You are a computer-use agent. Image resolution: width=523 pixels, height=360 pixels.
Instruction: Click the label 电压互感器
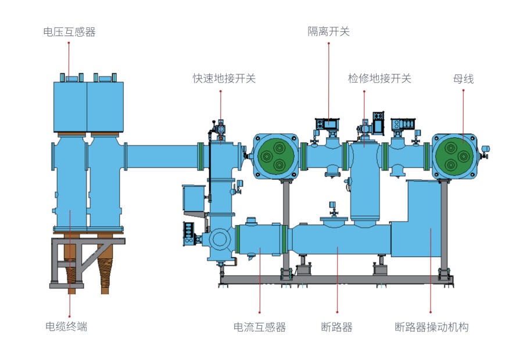(x=69, y=32)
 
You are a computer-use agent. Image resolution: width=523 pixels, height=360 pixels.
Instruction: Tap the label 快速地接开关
(x=224, y=79)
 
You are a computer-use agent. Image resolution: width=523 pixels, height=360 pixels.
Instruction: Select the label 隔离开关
(x=328, y=31)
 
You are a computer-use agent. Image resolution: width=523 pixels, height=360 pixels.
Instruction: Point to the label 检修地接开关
(x=379, y=79)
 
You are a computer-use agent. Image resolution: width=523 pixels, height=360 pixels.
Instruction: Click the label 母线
(x=463, y=79)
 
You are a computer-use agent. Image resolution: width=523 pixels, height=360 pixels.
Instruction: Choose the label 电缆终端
(x=66, y=326)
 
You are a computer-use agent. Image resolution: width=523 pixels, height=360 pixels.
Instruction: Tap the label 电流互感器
(x=260, y=327)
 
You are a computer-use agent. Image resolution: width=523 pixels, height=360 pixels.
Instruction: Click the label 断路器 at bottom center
(x=337, y=327)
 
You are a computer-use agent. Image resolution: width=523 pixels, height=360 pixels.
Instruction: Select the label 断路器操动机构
(x=431, y=327)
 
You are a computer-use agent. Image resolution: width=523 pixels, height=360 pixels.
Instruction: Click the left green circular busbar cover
(x=276, y=156)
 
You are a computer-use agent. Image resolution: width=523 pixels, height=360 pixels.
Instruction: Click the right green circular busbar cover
(x=454, y=156)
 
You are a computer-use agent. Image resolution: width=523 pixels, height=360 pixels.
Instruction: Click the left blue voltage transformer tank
(x=70, y=106)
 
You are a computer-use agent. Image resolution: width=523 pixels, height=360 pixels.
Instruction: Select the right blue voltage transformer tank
(x=105, y=106)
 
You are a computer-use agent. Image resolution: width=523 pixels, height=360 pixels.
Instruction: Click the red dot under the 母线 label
(x=463, y=90)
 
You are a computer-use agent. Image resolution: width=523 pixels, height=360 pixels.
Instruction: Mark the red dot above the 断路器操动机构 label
(x=431, y=312)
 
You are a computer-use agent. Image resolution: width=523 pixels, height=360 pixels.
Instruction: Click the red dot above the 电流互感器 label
(x=260, y=312)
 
